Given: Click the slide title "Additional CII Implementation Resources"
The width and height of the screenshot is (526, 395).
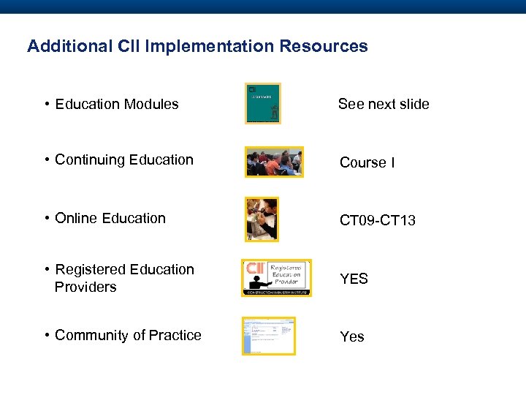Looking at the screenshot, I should pos(197,46).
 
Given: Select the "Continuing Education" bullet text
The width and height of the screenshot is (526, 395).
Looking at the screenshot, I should pos(124,159).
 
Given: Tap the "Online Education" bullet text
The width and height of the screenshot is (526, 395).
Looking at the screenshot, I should pos(110,218).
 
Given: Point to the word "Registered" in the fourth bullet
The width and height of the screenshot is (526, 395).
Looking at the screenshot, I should pos(89,269).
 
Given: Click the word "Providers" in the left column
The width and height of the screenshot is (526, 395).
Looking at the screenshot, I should pos(85,287).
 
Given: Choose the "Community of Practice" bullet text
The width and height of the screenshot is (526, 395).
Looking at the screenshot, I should pos(128,335).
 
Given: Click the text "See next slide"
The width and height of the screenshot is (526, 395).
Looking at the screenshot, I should pos(384,104).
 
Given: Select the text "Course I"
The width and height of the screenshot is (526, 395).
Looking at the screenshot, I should pos(367,162).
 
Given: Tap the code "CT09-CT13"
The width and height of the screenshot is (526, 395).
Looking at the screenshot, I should pos(378,220).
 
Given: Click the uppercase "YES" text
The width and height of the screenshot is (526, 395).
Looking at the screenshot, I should pos(354,279).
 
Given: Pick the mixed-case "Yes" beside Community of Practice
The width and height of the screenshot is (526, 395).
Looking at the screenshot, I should pos(352,336).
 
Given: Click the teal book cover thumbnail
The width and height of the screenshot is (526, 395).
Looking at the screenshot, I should pos(263,103).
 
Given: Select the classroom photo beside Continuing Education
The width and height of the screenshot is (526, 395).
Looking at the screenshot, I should pos(274,162).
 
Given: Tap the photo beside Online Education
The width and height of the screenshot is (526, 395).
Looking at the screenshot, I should pos(262,219).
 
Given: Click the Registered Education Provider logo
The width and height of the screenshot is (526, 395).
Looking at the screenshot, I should pos(276,278).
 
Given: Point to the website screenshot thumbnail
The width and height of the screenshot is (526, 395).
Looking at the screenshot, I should pos(269,336).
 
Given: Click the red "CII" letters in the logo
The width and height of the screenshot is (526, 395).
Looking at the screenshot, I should pos(255,269).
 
